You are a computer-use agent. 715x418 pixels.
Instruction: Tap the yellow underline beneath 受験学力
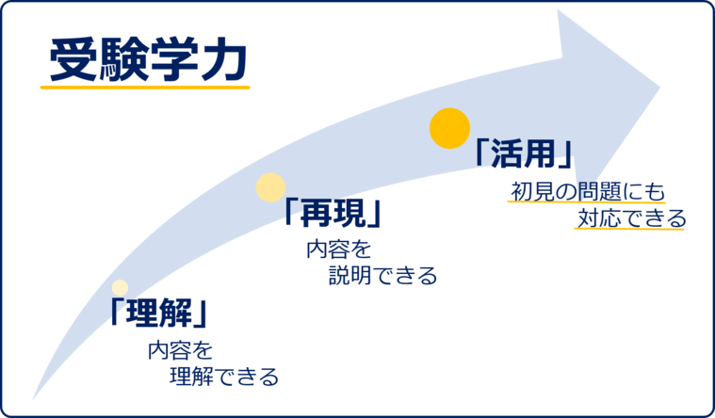[145, 88]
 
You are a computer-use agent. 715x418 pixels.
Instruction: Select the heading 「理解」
[157, 312]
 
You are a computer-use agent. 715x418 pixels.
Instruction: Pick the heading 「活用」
[526, 153]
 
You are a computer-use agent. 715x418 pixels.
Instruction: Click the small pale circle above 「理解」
[120, 287]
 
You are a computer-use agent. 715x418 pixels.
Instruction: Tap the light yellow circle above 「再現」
[270, 187]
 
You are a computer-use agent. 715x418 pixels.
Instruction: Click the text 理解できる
[224, 378]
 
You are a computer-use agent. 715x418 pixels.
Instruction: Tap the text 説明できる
[383, 276]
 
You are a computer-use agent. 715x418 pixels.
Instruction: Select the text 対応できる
[631, 219]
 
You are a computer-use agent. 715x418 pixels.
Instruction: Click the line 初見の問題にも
[588, 191]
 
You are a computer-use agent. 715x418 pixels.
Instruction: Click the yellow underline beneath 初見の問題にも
[587, 202]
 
